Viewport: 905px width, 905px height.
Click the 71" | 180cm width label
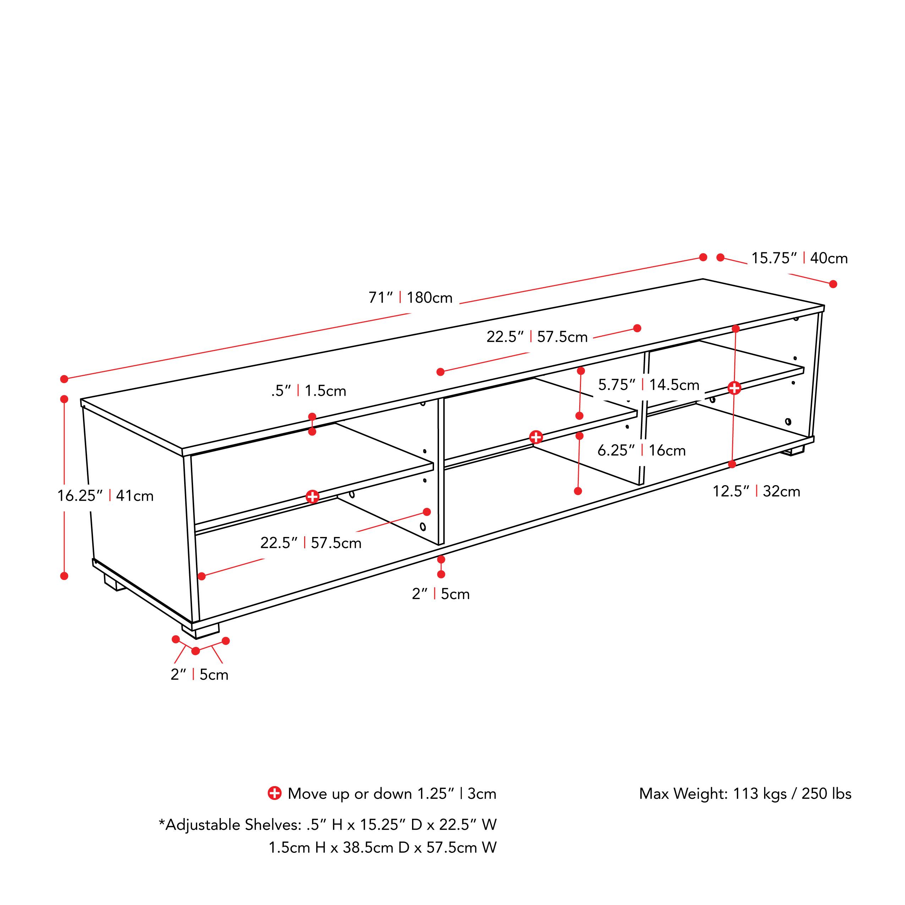pos(410,298)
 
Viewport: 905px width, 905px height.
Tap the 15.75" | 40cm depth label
pos(799,258)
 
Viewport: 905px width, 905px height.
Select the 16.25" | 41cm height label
pos(105,495)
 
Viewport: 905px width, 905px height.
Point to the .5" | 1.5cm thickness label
pos(309,391)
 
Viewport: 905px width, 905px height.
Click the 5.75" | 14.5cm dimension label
pos(648,385)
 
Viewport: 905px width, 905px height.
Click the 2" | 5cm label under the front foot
pos(199,675)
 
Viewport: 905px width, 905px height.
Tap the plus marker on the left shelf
pos(312,497)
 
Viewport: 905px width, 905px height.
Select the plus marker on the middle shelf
pos(536,437)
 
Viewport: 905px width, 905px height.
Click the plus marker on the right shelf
pos(734,388)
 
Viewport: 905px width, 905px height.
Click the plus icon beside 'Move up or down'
pos(274,793)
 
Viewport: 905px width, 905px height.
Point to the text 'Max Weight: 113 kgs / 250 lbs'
pos(745,794)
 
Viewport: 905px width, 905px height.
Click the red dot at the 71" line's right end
pos(703,257)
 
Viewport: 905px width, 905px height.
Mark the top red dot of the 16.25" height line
pos(64,399)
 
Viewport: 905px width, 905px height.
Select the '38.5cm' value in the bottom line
pos(368,848)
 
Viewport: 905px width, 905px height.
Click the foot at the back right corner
pos(795,451)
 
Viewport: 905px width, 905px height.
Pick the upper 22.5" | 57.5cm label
pos(537,337)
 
